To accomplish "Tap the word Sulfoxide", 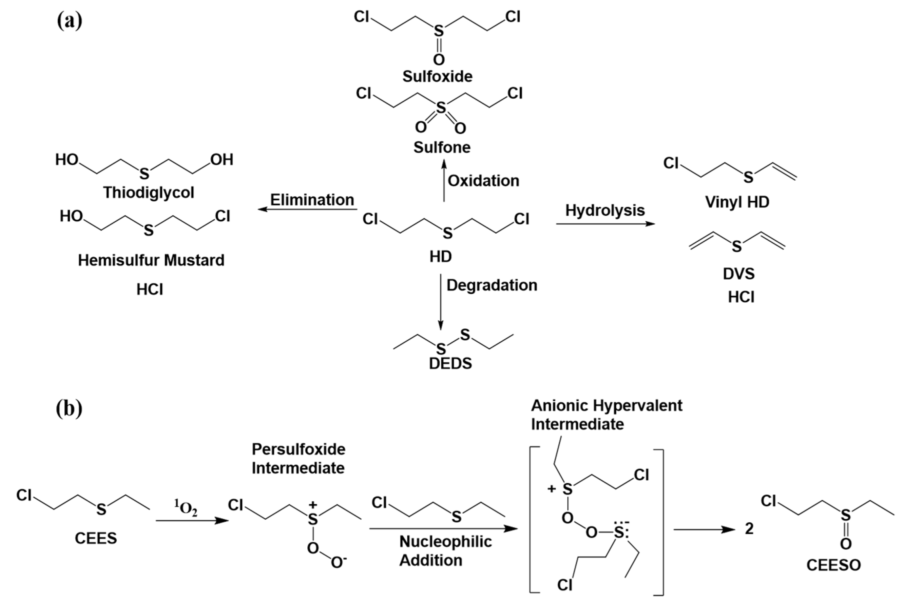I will [437, 76].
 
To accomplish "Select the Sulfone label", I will [442, 147].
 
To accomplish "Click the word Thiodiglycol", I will [149, 192].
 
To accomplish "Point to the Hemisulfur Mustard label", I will [151, 260].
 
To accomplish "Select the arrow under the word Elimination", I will [307, 209].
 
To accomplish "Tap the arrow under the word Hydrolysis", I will [605, 223].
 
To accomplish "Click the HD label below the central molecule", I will [440, 257].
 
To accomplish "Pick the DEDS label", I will [450, 363].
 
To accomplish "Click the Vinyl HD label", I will [737, 202].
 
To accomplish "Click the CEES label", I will [96, 538].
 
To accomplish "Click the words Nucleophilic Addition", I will [445, 551].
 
